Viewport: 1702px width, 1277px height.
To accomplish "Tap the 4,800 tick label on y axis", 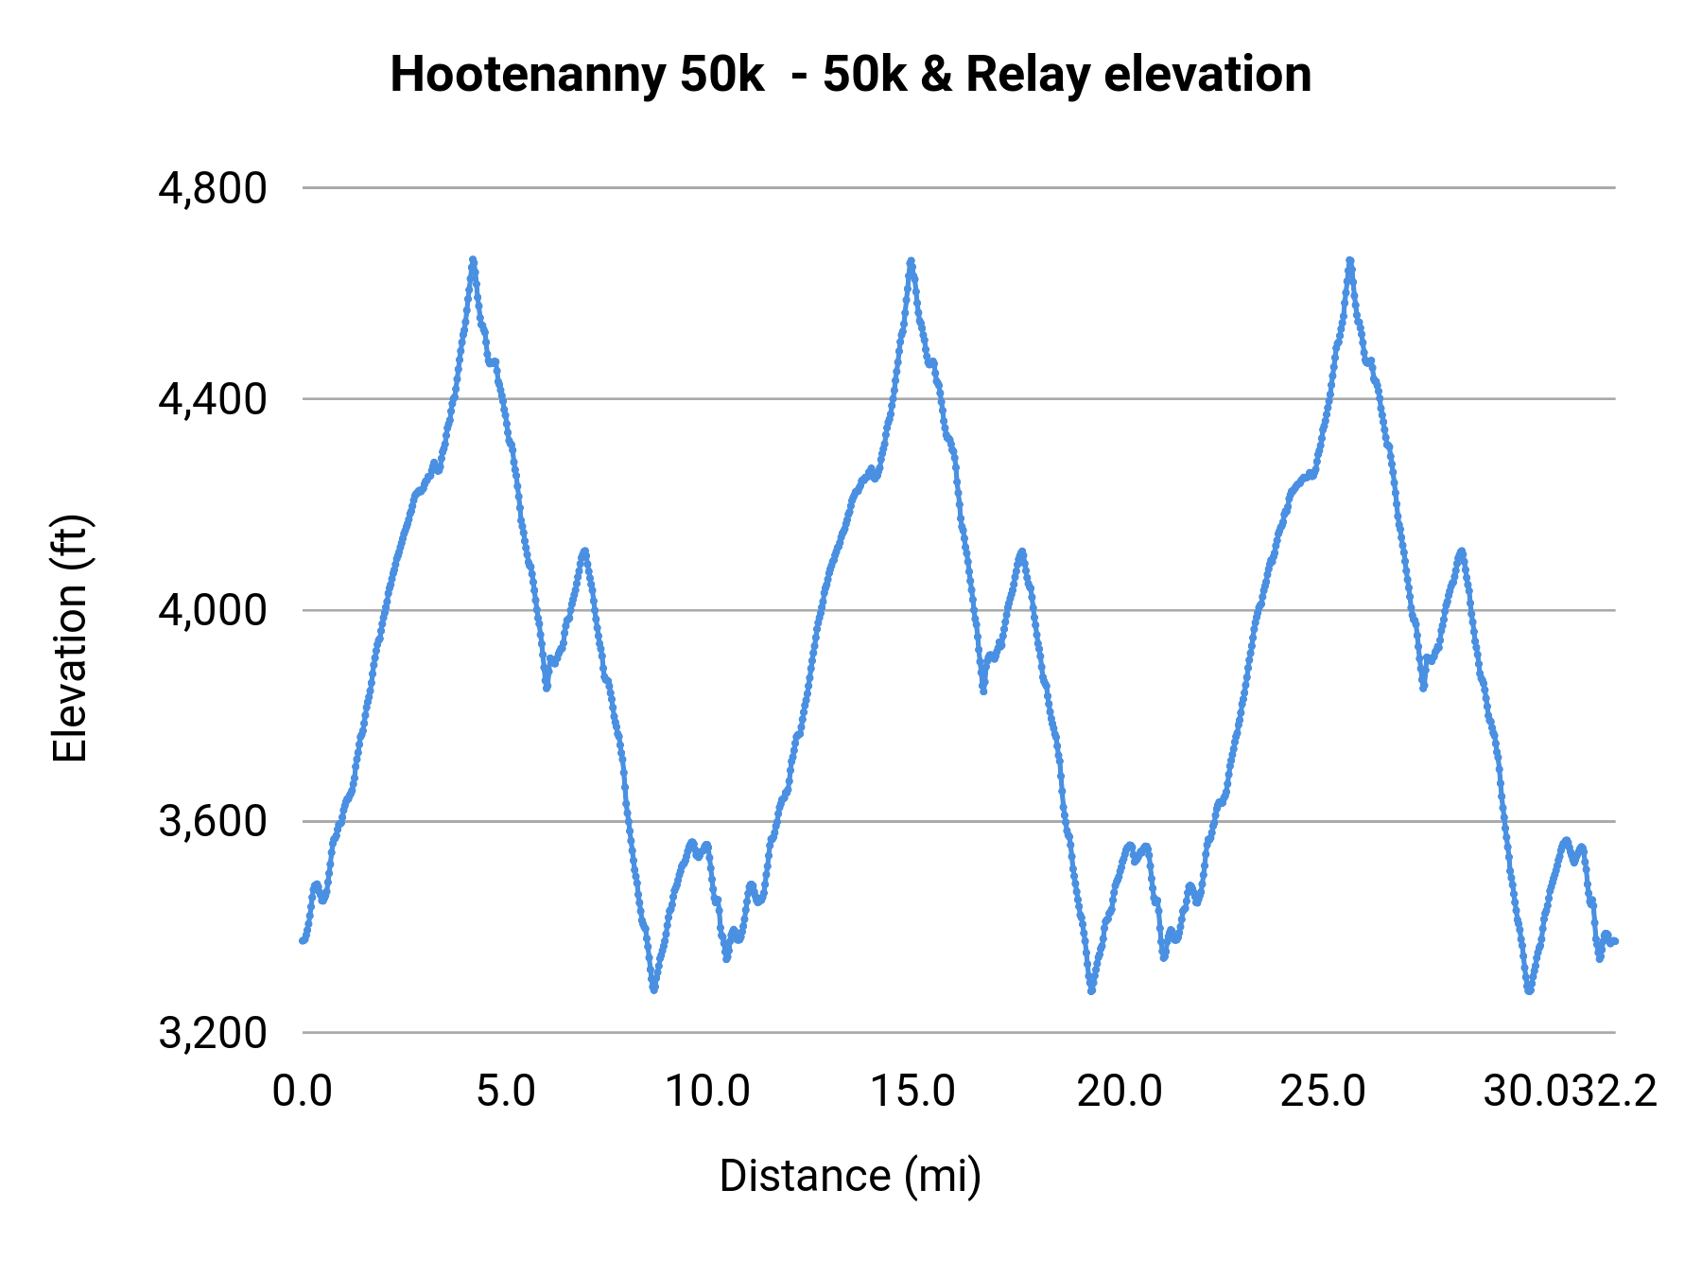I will click(213, 188).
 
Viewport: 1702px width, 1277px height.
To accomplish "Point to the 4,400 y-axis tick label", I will click(213, 399).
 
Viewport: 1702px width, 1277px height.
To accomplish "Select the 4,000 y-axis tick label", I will click(213, 610).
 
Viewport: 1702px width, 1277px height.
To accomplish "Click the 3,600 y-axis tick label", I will click(213, 821).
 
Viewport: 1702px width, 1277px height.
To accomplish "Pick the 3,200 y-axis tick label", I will click(213, 1033).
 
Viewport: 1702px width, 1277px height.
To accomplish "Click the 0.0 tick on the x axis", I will click(303, 1091).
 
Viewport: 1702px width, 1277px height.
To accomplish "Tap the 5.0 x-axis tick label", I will click(506, 1091).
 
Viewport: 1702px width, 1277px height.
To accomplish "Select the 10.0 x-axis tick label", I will click(708, 1091).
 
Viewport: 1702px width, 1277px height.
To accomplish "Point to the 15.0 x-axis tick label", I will click(912, 1091).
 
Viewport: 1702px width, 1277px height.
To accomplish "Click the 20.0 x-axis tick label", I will click(1119, 1091).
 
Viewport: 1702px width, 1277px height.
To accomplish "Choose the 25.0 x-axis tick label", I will click(1323, 1091).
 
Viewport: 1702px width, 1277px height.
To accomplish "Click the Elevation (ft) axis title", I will click(70, 638).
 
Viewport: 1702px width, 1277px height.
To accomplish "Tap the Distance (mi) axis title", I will click(850, 1176).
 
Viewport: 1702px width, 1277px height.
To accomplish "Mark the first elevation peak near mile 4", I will click(473, 260).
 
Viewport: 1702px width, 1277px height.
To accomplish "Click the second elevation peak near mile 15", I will click(911, 260).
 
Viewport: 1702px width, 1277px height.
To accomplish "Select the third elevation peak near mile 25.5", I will click(1349, 260).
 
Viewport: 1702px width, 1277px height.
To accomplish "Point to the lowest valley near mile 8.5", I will click(653, 989).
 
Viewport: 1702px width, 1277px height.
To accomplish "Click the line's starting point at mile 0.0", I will click(303, 940).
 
